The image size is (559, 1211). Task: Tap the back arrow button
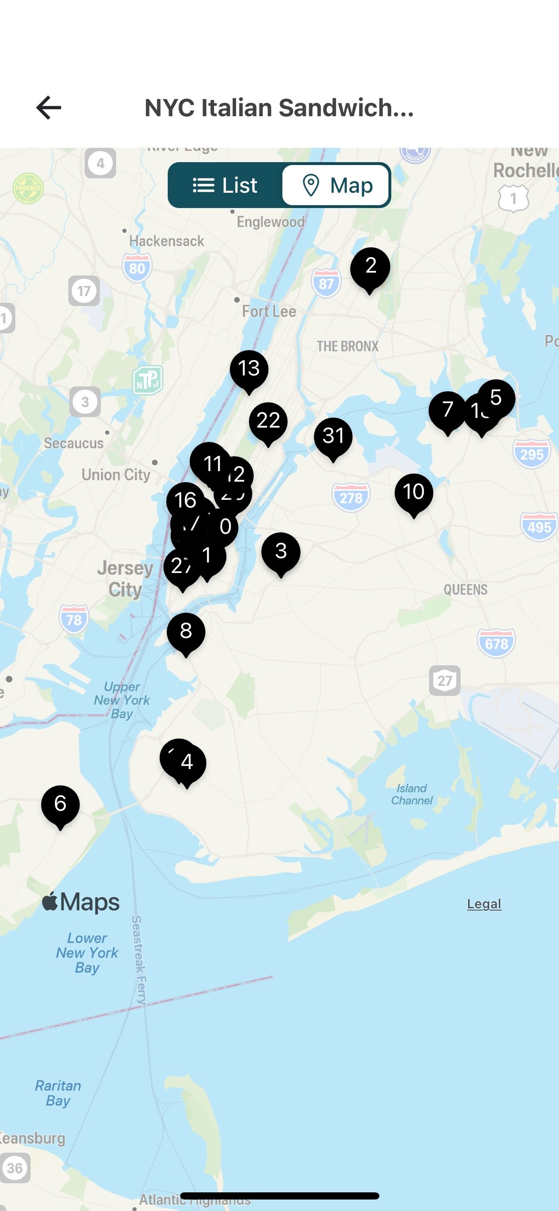[49, 107]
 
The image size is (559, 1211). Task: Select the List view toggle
[225, 185]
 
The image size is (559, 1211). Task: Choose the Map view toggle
[337, 185]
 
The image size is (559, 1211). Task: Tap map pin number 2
[370, 267]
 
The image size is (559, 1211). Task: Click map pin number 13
[249, 369]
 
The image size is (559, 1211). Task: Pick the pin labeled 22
[268, 421]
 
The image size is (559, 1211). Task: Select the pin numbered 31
[333, 436]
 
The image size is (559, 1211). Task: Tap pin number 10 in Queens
[414, 492]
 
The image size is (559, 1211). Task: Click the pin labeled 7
[447, 410]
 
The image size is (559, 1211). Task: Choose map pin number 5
[497, 397]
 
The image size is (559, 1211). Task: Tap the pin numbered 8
[186, 631]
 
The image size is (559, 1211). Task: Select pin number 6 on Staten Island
[60, 804]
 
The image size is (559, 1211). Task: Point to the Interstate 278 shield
[351, 497]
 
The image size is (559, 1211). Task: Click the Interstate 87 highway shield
[326, 283]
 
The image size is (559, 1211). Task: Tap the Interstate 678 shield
[496, 643]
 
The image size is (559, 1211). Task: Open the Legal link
[484, 904]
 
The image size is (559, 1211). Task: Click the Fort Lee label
[269, 311]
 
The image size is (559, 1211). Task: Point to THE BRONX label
[347, 346]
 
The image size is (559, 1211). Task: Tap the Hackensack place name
[166, 241]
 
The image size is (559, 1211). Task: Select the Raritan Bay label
[58, 1093]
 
